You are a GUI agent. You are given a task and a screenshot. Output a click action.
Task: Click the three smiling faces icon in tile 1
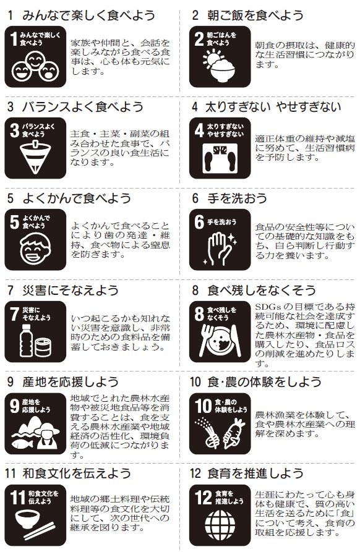(35, 67)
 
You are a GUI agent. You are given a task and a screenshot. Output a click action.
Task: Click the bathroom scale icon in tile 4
(220, 158)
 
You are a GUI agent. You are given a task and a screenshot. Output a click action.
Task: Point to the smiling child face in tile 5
(35, 248)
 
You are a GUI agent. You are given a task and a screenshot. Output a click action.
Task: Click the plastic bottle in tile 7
(26, 340)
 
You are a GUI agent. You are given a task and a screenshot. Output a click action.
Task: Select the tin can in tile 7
(43, 347)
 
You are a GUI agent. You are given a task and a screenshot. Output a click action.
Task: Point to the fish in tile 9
(22, 444)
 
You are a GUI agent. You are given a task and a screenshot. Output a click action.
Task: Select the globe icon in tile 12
(220, 525)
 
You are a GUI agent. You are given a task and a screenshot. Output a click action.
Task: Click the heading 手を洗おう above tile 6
(237, 198)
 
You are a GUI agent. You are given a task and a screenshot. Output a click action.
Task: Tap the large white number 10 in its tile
(204, 406)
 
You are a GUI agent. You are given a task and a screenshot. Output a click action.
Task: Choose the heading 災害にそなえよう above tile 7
(70, 290)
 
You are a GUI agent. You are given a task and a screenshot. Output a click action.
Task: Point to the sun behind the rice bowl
(213, 59)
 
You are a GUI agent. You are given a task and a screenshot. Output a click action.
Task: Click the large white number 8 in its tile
(199, 313)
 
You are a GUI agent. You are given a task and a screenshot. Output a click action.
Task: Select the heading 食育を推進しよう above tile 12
(255, 473)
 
